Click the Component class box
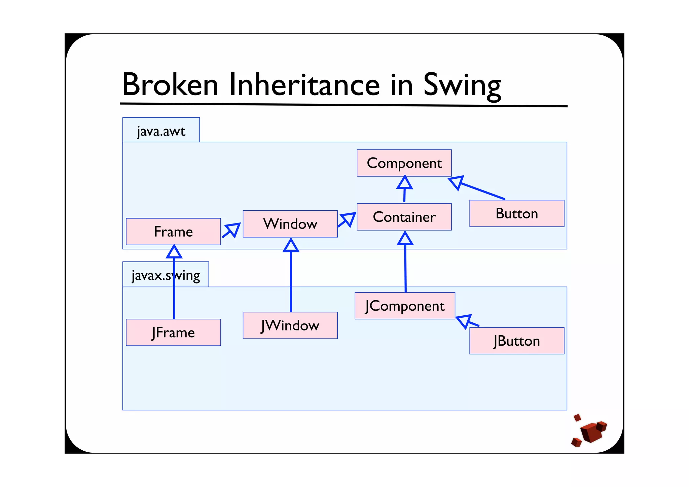[404, 163]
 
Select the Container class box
[404, 217]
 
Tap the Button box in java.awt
[517, 213]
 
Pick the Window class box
[290, 224]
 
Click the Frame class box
[173, 232]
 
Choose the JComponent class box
[405, 306]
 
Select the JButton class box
[517, 341]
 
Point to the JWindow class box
[290, 325]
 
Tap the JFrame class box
[173, 333]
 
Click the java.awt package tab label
[161, 131]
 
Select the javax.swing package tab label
[166, 275]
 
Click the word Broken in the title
[170, 84]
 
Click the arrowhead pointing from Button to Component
[457, 182]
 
